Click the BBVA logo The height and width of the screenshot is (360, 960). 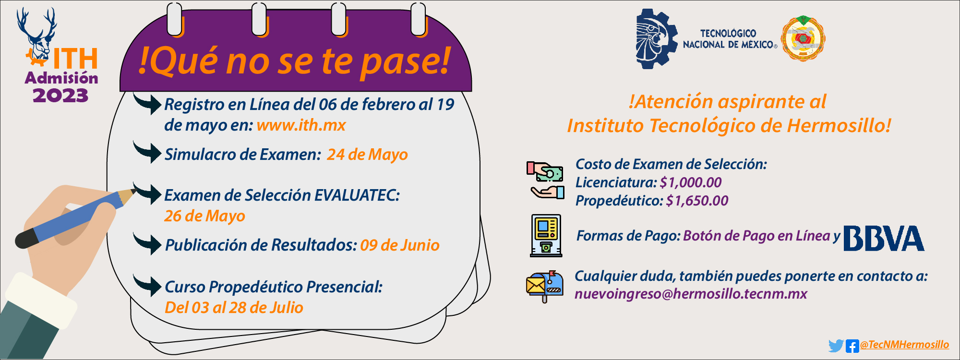tap(884, 238)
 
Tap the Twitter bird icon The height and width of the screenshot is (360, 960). tap(836, 346)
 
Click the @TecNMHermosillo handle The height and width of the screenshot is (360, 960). tap(904, 345)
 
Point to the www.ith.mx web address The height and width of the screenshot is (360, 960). tap(301, 125)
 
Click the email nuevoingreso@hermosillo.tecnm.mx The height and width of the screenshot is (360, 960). tap(691, 294)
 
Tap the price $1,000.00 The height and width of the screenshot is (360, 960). tap(691, 182)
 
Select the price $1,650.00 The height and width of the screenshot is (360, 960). tap(697, 201)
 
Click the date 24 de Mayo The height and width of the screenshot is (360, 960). tap(367, 155)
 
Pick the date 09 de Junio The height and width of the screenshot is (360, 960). tap(400, 245)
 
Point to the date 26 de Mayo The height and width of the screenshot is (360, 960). tap(204, 216)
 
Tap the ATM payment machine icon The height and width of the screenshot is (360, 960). tap(546, 235)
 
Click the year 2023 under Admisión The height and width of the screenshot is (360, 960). tap(60, 95)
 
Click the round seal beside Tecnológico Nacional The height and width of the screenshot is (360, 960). tap(803, 39)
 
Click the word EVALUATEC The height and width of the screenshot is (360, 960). tap(356, 195)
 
